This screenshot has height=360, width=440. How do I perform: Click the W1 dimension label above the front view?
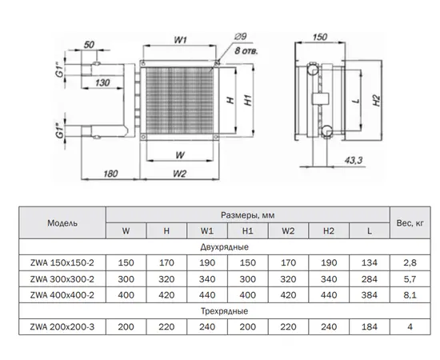click(180, 40)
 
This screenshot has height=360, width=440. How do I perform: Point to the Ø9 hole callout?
click(240, 37)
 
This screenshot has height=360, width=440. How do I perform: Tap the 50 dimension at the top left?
click(89, 45)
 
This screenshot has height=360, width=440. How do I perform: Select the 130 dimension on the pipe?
click(102, 82)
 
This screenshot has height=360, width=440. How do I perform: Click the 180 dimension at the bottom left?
click(110, 174)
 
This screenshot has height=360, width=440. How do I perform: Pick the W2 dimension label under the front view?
click(179, 174)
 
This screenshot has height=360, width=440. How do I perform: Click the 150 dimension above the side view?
click(320, 37)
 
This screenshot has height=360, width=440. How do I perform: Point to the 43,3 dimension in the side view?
click(354, 160)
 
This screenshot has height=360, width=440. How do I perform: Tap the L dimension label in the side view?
click(356, 100)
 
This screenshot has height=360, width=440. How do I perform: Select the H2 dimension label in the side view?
click(377, 101)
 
